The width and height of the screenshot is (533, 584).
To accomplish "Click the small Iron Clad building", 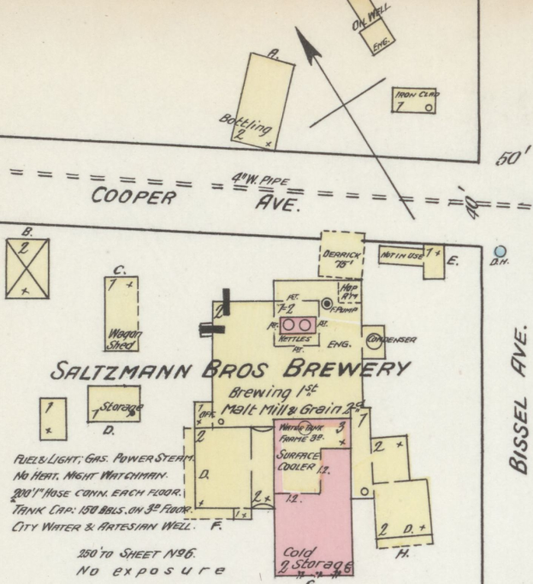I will tap(416, 100).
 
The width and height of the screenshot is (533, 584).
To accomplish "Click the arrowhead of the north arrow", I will tap(305, 43).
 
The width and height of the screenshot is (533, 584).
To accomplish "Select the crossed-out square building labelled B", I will tap(27, 267).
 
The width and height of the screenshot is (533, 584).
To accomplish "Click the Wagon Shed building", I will tap(121, 312).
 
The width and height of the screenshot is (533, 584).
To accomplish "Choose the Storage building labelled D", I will tap(114, 404).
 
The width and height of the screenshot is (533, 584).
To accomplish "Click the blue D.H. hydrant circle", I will tap(501, 252).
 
